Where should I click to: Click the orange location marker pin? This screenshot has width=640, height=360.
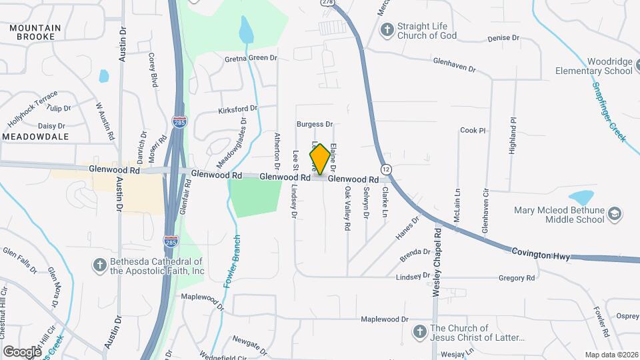coord(320,160)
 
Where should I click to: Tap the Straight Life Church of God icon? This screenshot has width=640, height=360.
coord(387,30)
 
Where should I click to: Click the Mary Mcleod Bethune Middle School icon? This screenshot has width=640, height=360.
coord(615,215)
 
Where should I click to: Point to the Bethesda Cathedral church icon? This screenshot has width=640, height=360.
coord(99,265)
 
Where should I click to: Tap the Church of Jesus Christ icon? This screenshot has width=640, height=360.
coord(419,331)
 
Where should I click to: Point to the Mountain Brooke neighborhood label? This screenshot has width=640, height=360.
coord(35,32)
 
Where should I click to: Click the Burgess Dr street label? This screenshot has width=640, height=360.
coord(315,124)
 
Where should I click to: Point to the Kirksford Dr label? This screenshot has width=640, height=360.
coord(237,109)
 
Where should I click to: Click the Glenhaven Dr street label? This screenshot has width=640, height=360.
coord(454,68)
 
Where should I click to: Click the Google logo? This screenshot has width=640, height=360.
coord(22,351)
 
